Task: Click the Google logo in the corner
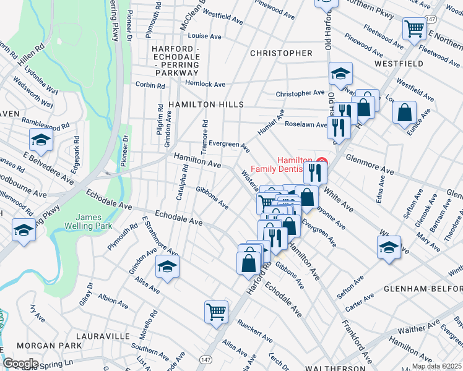(x=20, y=364)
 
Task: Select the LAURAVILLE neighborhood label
(x=105, y=336)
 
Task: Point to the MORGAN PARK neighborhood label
(x=50, y=344)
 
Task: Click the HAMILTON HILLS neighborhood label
(x=197, y=105)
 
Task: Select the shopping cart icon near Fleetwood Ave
(x=413, y=28)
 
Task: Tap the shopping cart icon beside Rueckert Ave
(x=217, y=311)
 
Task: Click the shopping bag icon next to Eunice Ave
(x=404, y=113)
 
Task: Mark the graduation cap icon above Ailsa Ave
(x=167, y=266)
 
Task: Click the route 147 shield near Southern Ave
(x=205, y=359)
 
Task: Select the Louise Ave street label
(x=204, y=36)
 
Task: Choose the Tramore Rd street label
(x=204, y=130)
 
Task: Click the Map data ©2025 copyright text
(x=436, y=366)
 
